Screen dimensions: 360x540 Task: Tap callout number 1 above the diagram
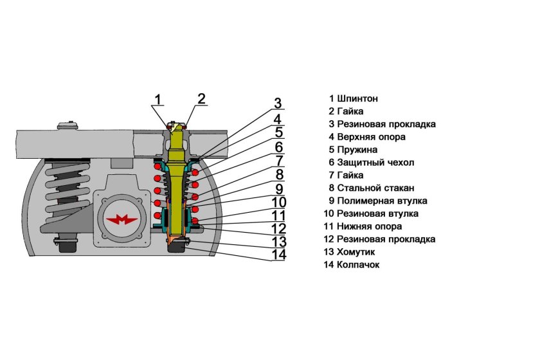[159, 100]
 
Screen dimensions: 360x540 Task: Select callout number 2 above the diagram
[201, 98]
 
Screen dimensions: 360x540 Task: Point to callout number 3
[278, 104]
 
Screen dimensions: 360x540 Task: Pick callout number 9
[279, 189]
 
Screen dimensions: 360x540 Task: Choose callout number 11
[278, 216]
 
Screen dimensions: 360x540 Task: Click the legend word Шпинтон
[357, 99]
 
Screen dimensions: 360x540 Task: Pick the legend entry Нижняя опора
[369, 226]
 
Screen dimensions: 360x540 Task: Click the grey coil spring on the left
[65, 190]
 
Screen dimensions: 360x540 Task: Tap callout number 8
[279, 175]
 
